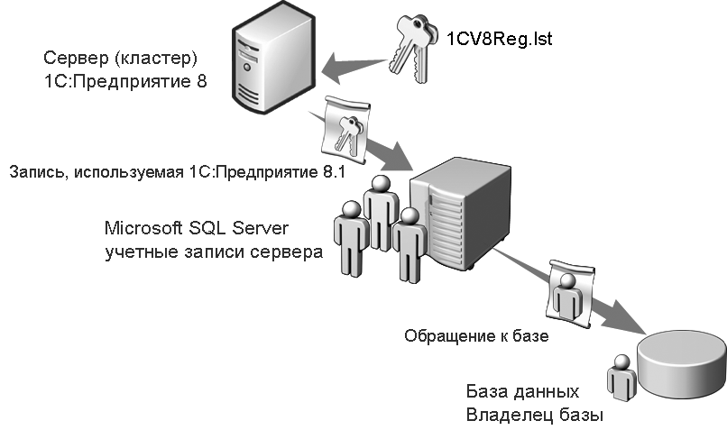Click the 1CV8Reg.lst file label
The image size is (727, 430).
(x=500, y=39)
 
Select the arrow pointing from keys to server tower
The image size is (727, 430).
(x=354, y=65)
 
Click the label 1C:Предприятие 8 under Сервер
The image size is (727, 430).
(x=125, y=81)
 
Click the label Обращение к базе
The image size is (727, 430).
(x=477, y=335)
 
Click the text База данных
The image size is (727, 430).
(x=522, y=393)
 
